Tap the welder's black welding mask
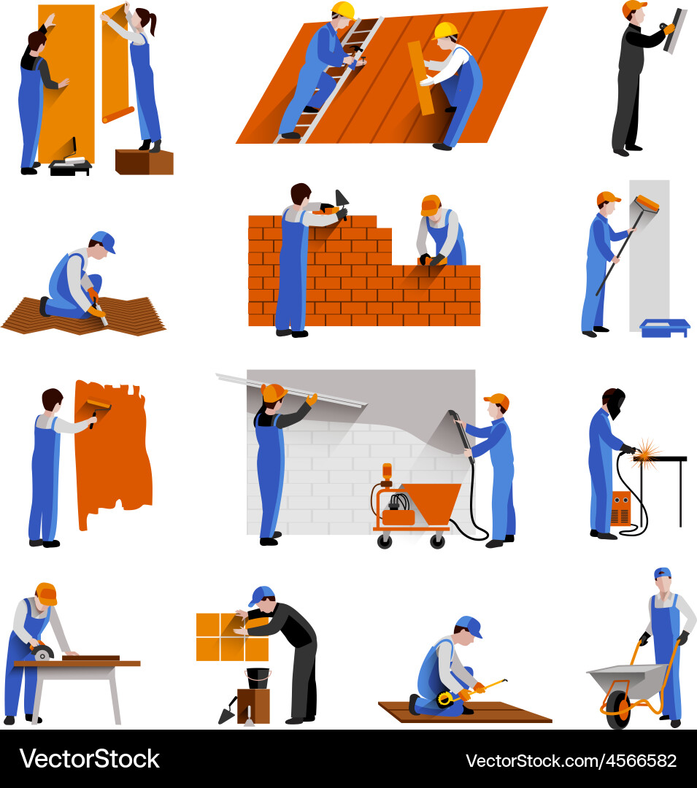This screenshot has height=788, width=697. click(616, 403)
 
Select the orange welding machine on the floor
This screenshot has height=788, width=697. click(620, 508)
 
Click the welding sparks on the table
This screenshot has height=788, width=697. click(645, 452)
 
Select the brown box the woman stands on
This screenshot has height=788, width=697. click(144, 161)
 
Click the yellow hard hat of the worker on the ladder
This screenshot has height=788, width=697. click(342, 10)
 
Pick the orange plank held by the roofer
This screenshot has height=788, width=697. click(421, 77)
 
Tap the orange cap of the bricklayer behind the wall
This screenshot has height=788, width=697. click(431, 204)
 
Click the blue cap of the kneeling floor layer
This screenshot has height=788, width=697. click(104, 242)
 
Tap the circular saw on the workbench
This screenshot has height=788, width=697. click(42, 652)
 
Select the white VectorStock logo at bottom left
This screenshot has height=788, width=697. click(89, 759)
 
